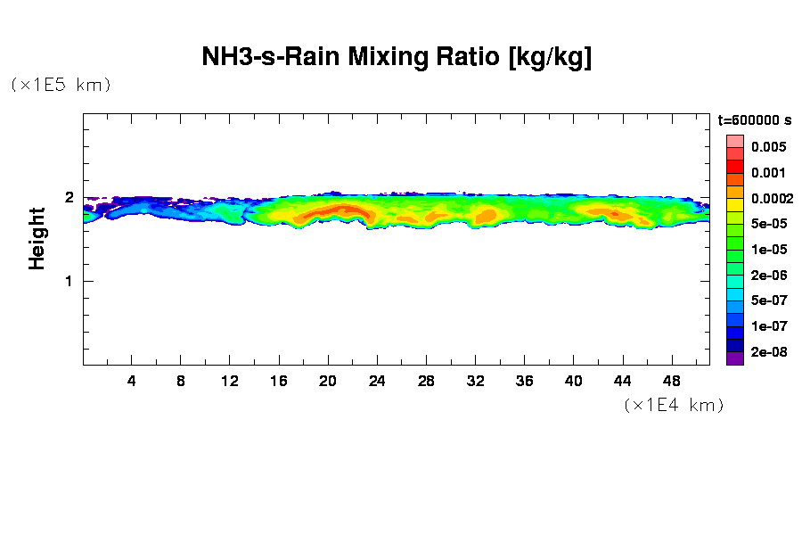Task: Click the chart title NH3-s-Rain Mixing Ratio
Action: point(397,59)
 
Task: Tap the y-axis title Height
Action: point(37,238)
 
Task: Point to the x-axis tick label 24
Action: point(377,381)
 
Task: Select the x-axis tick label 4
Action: point(132,381)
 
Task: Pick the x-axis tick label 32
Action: point(475,381)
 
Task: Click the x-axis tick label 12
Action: point(230,381)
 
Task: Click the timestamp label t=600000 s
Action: point(755,119)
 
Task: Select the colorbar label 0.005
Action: point(767,147)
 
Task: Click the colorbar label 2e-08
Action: point(767,352)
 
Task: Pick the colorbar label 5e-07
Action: point(767,300)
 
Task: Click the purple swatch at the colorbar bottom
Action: point(734,358)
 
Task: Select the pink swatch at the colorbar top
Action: point(734,141)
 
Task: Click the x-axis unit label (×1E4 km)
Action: point(674,405)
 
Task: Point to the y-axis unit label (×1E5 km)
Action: point(61,85)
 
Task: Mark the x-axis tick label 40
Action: point(573,381)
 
